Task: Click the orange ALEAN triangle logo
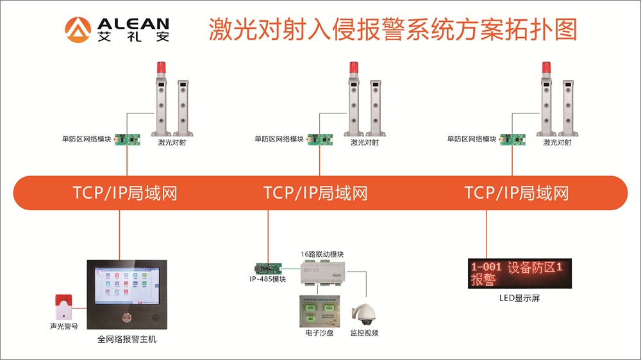[x=77, y=29]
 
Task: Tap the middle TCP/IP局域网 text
[x=315, y=193]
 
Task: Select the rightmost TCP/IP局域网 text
[x=516, y=193]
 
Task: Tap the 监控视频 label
[x=364, y=333]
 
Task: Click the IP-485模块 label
[x=268, y=279]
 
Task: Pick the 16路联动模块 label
[x=322, y=254]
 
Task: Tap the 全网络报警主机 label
[x=127, y=340]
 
